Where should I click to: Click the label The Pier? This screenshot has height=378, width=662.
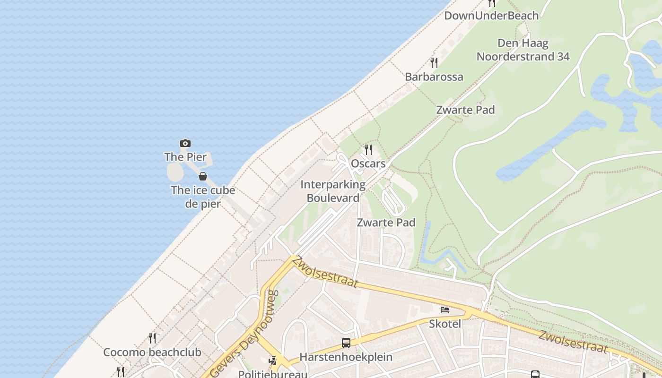[185, 157]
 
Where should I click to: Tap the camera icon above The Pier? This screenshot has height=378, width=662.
[185, 143]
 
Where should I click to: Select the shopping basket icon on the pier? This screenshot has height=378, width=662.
[203, 176]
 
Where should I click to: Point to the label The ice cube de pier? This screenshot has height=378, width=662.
[203, 197]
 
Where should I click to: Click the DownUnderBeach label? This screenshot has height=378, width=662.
[491, 16]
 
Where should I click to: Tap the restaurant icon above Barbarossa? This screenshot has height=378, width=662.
[434, 62]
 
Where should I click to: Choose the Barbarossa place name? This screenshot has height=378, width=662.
[434, 77]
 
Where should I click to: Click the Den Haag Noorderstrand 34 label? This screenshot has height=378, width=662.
[523, 50]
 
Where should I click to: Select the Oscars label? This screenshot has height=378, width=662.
[368, 163]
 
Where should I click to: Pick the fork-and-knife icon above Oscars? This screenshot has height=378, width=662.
[368, 150]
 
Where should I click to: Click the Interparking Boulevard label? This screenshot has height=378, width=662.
[333, 191]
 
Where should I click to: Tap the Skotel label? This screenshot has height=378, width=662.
[445, 324]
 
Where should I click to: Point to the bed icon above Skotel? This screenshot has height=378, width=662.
[445, 310]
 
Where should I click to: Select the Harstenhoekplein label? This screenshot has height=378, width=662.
[346, 357]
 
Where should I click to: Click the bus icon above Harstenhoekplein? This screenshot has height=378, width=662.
[346, 343]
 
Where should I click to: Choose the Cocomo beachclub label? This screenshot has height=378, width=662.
[152, 352]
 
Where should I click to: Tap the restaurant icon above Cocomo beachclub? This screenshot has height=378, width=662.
[152, 338]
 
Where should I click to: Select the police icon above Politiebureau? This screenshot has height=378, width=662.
[273, 361]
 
